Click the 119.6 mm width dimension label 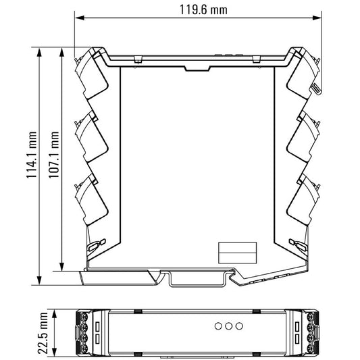203,10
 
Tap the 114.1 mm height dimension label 31,155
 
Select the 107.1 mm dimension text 53,155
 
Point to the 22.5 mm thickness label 43,333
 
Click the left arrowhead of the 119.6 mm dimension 80,18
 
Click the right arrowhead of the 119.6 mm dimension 317,18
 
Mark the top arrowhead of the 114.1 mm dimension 39,52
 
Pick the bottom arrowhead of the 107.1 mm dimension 61,266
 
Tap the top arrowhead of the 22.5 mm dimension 54,314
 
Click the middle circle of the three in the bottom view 229,326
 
